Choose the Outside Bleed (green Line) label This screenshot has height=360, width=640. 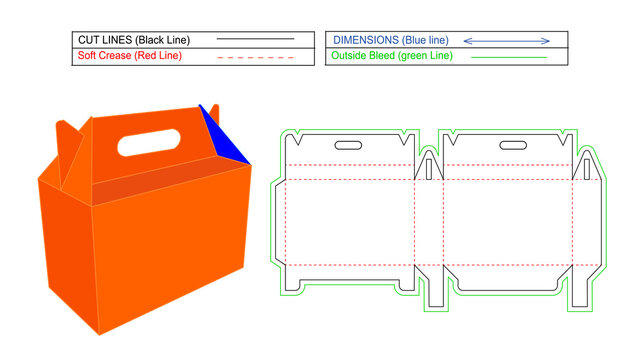click(x=391, y=56)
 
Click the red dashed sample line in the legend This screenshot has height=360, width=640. click(x=255, y=57)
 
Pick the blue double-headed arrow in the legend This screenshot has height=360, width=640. click(x=507, y=40)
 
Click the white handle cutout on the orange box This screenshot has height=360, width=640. click(x=148, y=144)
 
